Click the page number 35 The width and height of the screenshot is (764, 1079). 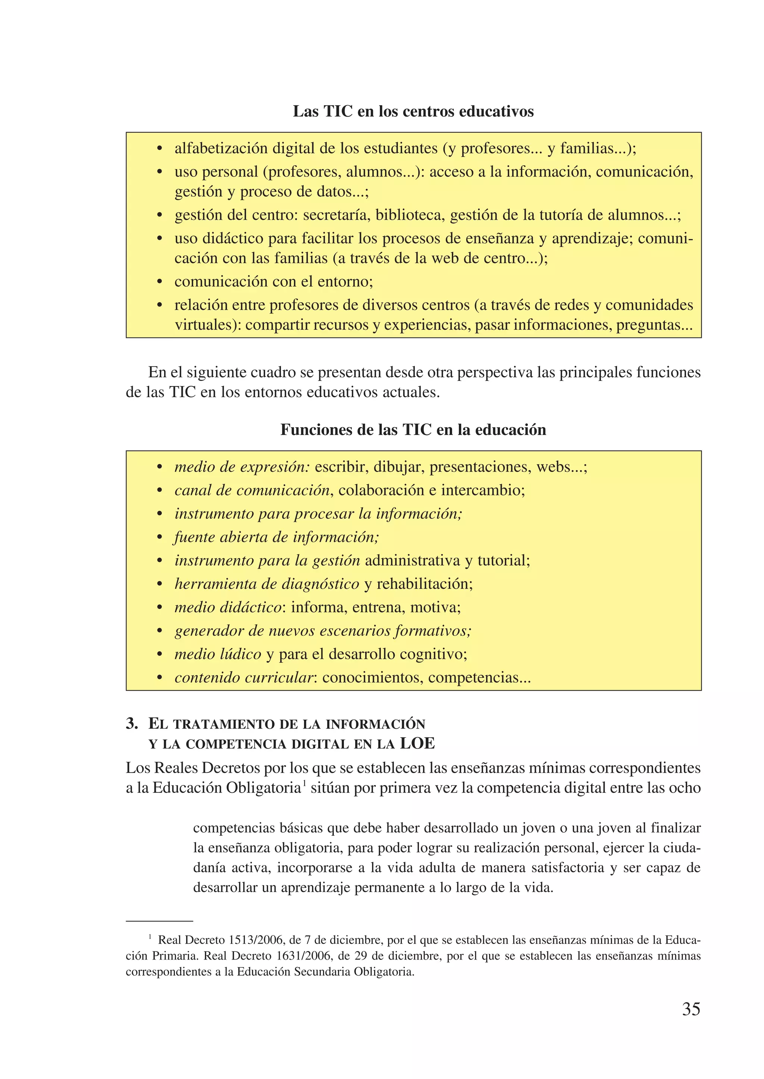coord(691,1009)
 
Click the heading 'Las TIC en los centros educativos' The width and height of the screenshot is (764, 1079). coord(413,112)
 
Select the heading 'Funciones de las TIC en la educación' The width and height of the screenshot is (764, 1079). coord(413,430)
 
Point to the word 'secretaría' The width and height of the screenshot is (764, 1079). coord(336,215)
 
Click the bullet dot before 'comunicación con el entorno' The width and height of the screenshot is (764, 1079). coord(160,282)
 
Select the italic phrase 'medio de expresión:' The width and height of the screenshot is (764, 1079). coord(242,467)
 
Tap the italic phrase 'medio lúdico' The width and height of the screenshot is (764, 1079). coord(217,654)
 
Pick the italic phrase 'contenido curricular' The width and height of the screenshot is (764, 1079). coord(243,678)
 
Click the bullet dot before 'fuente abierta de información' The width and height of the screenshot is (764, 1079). coord(160,537)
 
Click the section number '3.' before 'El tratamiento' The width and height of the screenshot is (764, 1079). coord(132,724)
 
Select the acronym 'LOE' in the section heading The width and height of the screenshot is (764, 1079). coord(417,744)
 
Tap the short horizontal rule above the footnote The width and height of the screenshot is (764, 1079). coord(160,921)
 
